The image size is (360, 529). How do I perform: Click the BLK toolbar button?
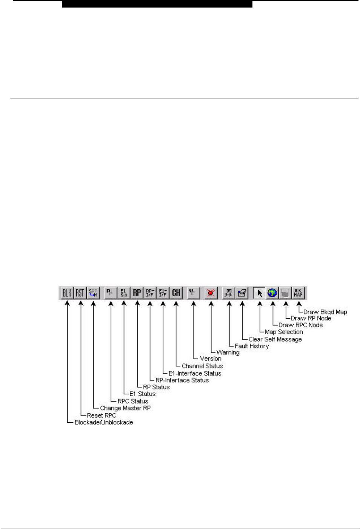pyautogui.click(x=67, y=293)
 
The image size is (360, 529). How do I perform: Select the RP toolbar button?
pyautogui.click(x=137, y=293)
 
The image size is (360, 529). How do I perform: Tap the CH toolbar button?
pyautogui.click(x=176, y=293)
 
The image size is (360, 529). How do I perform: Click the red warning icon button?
pyautogui.click(x=211, y=293)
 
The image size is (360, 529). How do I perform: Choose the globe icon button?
pyautogui.click(x=272, y=293)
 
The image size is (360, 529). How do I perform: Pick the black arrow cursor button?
pyautogui.click(x=260, y=293)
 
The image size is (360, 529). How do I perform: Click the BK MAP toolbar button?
pyautogui.click(x=298, y=293)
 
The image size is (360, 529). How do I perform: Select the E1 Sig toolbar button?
pyautogui.click(x=124, y=293)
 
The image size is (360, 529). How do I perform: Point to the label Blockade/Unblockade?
pyautogui.click(x=104, y=422)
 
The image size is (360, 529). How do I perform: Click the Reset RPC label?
pyautogui.click(x=102, y=415)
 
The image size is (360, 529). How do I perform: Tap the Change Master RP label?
pyautogui.click(x=125, y=408)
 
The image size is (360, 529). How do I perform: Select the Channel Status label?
pyautogui.click(x=202, y=366)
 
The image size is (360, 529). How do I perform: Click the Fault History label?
pyautogui.click(x=252, y=346)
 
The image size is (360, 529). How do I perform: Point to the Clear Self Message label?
pyautogui.click(x=275, y=339)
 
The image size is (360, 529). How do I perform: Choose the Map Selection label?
pyautogui.click(x=284, y=332)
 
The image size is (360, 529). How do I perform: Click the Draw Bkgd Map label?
pyautogui.click(x=325, y=312)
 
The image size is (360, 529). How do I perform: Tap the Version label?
pyautogui.click(x=211, y=359)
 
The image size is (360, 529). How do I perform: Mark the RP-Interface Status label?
pyautogui.click(x=182, y=380)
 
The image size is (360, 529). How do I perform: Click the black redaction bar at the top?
pyautogui.click(x=157, y=4)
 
